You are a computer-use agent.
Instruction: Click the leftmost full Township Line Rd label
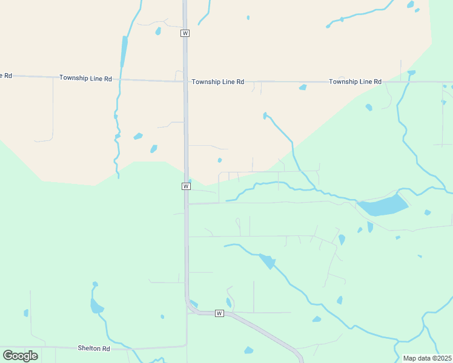[85, 78]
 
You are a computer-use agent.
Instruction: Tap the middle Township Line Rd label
[217, 82]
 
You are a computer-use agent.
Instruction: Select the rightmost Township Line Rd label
[355, 82]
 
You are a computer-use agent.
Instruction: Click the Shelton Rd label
[94, 348]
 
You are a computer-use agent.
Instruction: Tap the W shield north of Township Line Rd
[185, 33]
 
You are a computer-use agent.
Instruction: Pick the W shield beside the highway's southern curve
[219, 313]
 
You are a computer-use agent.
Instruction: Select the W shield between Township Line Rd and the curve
[185, 186]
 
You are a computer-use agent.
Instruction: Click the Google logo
[20, 356]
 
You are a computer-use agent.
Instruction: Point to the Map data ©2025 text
[427, 358]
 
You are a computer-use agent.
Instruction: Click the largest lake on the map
[383, 206]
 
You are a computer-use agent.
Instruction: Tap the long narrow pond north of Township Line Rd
[124, 51]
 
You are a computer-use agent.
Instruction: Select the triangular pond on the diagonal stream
[267, 261]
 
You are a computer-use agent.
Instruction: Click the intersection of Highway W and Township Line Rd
[185, 80]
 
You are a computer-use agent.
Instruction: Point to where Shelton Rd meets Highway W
[187, 346]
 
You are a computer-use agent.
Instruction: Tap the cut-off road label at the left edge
[5, 76]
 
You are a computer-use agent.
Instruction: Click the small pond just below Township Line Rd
[303, 88]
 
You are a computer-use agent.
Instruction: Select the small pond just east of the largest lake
[428, 212]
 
